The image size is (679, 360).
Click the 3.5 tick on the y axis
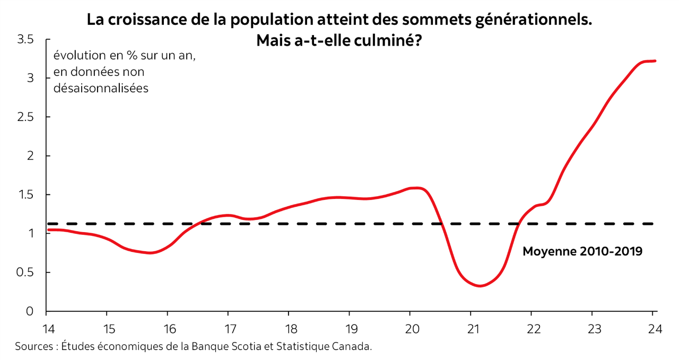pyautogui.click(x=27, y=40)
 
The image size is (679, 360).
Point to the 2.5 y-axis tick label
pyautogui.click(x=27, y=117)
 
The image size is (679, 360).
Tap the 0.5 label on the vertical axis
pyautogui.click(x=27, y=273)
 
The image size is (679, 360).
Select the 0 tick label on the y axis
pyautogui.click(x=30, y=311)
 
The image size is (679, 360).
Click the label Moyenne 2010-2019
pyautogui.click(x=582, y=251)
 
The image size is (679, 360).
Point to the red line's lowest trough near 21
pyautogui.click(x=480, y=286)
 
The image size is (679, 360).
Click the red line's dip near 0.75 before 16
pyautogui.click(x=151, y=253)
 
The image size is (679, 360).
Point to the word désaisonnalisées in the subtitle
pyautogui.click(x=101, y=88)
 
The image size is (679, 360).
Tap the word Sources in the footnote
pyautogui.click(x=34, y=347)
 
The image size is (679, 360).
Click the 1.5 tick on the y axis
pyautogui.click(x=27, y=195)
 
